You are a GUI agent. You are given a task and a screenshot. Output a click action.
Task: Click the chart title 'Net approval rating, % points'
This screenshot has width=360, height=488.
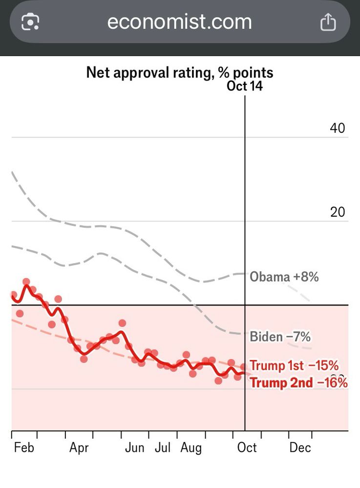click(x=180, y=73)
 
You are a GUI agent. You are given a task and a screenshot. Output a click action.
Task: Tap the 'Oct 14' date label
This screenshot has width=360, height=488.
click(x=245, y=86)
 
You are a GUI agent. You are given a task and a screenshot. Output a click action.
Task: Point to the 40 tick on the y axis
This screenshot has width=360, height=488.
click(x=338, y=128)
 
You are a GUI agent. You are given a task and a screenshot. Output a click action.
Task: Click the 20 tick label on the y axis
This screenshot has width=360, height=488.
click(x=338, y=212)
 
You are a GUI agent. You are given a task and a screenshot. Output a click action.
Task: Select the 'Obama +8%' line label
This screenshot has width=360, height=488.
click(x=284, y=277)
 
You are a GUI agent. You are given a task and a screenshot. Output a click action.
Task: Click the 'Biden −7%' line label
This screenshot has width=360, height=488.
click(x=280, y=337)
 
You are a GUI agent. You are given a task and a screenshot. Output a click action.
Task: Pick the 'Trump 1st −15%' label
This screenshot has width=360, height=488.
click(x=294, y=366)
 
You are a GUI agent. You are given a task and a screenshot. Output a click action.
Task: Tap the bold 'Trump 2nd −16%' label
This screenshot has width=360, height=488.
click(x=298, y=383)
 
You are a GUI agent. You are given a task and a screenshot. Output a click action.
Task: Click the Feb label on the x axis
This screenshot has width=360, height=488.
click(x=24, y=447)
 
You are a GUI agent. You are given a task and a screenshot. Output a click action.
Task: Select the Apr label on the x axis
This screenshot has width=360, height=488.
click(x=79, y=447)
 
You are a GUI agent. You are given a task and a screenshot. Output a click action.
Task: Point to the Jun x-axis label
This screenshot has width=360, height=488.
click(x=134, y=447)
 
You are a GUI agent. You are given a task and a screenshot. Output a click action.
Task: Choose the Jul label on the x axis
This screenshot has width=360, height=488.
click(x=162, y=447)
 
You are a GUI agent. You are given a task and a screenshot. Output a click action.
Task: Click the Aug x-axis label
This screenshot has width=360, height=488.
click(x=191, y=447)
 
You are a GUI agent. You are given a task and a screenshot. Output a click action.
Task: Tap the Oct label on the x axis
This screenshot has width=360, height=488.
click(x=247, y=447)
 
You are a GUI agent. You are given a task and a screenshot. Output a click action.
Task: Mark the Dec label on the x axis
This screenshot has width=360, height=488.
click(x=300, y=447)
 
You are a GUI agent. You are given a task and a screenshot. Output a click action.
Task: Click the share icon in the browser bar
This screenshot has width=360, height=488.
click(x=328, y=22)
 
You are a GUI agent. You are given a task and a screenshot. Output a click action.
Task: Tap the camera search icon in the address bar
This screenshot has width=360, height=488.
click(x=30, y=22)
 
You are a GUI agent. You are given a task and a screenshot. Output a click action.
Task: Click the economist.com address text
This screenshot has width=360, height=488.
click(x=179, y=22)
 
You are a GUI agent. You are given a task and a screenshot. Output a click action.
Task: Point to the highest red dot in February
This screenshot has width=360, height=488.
click(x=26, y=282)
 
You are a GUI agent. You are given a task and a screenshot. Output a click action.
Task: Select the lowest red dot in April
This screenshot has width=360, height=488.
click(x=84, y=359)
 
